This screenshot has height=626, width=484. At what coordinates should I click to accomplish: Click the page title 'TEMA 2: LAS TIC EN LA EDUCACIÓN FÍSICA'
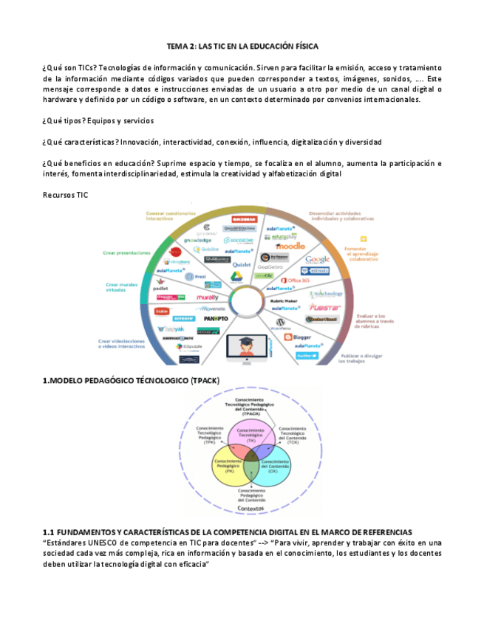[x=242, y=46]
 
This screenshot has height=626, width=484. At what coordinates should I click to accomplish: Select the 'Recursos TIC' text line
[x=66, y=193]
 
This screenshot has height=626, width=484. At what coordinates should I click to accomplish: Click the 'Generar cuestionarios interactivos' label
[x=164, y=216]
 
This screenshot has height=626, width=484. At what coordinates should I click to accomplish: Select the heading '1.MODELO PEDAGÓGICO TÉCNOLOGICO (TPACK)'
[x=131, y=380]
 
